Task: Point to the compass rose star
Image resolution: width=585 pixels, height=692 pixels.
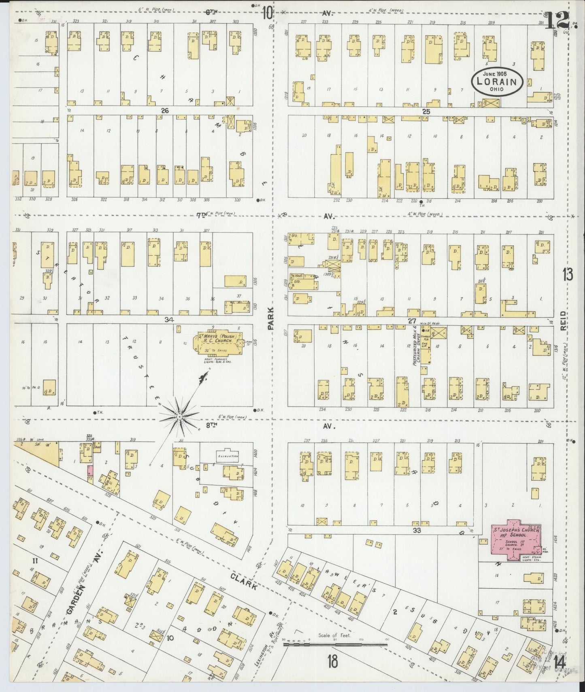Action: (179, 416)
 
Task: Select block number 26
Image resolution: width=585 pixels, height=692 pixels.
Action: (164, 110)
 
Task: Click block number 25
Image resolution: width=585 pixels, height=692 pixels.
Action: (425, 111)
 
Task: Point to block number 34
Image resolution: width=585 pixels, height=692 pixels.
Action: (169, 320)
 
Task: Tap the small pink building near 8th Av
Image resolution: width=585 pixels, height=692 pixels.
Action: (91, 471)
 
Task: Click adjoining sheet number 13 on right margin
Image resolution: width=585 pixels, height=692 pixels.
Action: (567, 275)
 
